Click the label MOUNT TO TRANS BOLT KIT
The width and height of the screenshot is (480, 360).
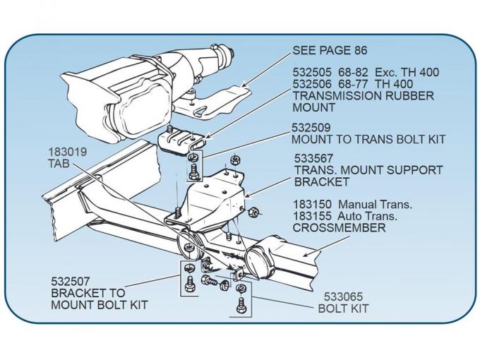click(x=368, y=140)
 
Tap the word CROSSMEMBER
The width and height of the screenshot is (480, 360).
click(x=339, y=228)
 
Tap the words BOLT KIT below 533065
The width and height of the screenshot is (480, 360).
click(x=342, y=308)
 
